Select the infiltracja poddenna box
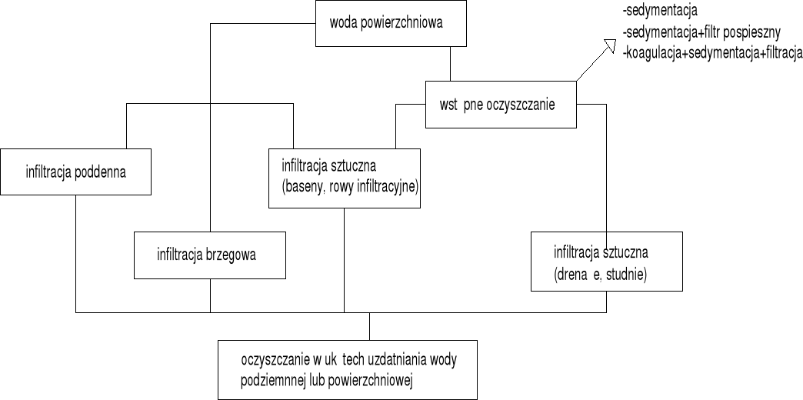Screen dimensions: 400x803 [75, 172]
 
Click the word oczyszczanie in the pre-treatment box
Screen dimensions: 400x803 [521, 105]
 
